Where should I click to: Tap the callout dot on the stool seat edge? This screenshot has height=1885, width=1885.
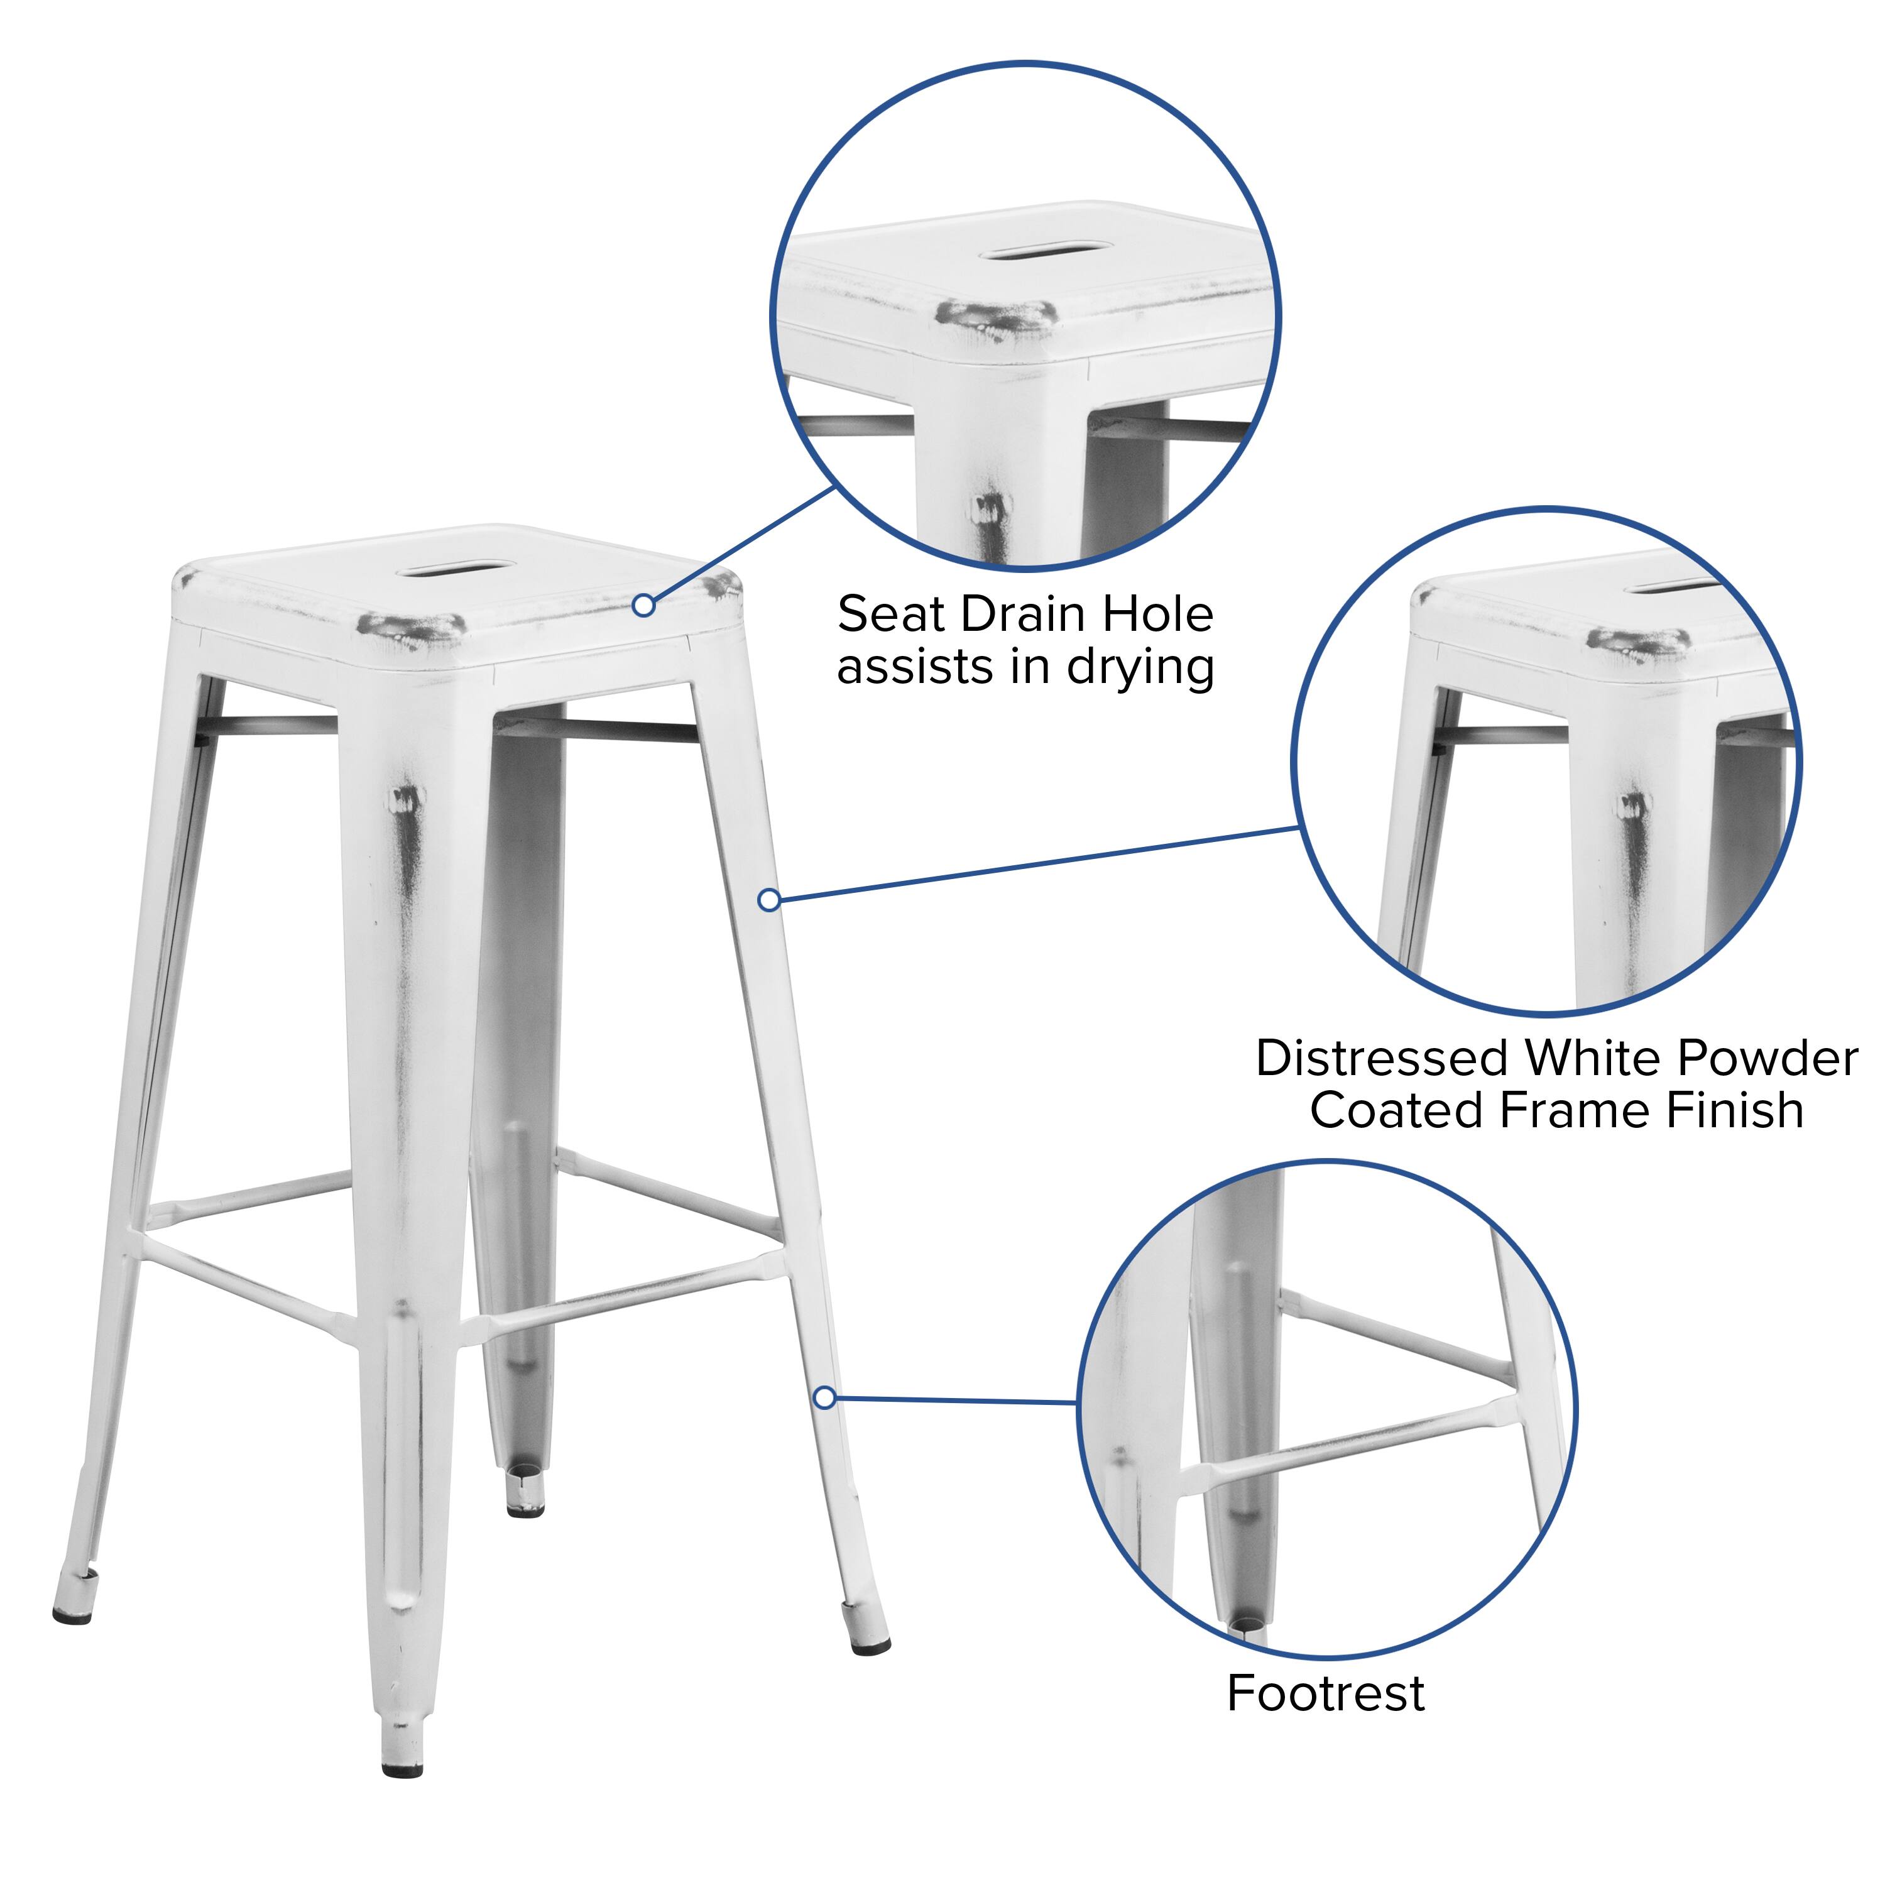click(643, 606)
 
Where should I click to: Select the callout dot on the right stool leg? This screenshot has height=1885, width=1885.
click(769, 900)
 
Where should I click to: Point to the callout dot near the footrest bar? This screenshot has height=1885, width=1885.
click(824, 1398)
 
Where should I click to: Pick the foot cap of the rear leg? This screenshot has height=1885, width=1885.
click(526, 1509)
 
